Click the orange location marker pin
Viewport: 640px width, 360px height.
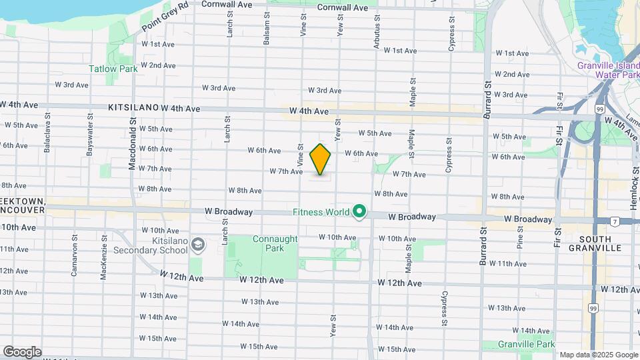[320, 159]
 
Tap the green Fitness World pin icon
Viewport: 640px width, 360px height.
[360, 213]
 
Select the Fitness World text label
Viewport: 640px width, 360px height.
[321, 213]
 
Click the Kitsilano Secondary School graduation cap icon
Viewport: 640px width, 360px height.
[197, 245]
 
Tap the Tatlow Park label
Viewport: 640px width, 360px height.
[113, 69]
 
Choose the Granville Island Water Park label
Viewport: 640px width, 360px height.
[608, 70]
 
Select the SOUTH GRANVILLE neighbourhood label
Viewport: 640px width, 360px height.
[600, 243]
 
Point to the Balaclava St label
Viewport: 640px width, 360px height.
[47, 136]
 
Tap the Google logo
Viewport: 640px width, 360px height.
[22, 351]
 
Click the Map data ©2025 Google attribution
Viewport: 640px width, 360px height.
[599, 355]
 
